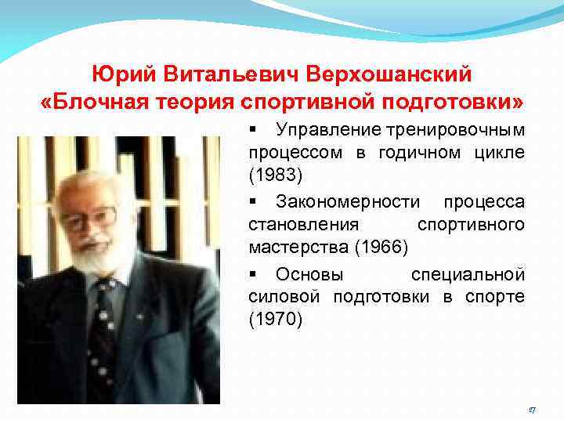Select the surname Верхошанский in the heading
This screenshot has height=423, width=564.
[389, 74]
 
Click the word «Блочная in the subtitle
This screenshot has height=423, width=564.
[92, 103]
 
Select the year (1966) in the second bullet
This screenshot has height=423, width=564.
[381, 247]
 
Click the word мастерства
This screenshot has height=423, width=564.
[298, 247]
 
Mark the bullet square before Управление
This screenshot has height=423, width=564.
[252, 128]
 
